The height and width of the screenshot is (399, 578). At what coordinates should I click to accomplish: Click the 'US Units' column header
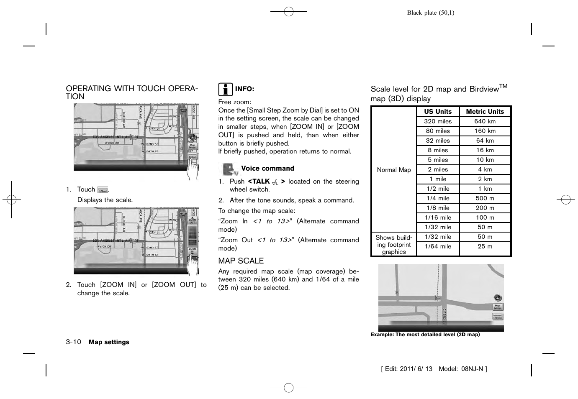pos(438,112)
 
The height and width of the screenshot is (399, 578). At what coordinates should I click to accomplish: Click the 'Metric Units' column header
pos(485,112)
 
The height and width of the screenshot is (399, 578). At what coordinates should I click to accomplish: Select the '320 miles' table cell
pos(438,121)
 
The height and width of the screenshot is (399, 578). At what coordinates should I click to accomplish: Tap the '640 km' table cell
pos(485,121)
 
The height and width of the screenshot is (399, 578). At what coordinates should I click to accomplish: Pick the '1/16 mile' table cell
pos(438,217)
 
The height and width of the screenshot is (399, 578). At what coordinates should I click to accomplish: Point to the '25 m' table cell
pos(485,246)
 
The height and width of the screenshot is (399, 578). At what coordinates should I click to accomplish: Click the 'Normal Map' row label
pos(394,170)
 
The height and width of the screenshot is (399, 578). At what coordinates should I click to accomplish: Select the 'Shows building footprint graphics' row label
pos(394,245)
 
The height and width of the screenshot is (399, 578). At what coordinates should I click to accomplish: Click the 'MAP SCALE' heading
pos(241,261)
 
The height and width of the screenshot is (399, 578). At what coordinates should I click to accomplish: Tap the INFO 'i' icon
pos(225,89)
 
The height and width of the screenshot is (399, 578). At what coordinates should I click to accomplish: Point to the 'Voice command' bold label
pos(267,169)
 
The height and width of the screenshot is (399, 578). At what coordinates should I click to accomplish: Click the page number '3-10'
pos(73,342)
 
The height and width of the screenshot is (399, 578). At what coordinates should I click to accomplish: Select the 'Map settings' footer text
pos(109,342)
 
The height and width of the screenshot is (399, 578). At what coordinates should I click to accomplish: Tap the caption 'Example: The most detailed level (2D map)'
pos(425,335)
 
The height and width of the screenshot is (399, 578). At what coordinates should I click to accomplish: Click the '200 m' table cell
pos(485,208)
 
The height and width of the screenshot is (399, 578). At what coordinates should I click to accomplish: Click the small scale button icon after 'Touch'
pos(103,190)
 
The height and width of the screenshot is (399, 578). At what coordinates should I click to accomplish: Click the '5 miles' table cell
pos(438,160)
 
